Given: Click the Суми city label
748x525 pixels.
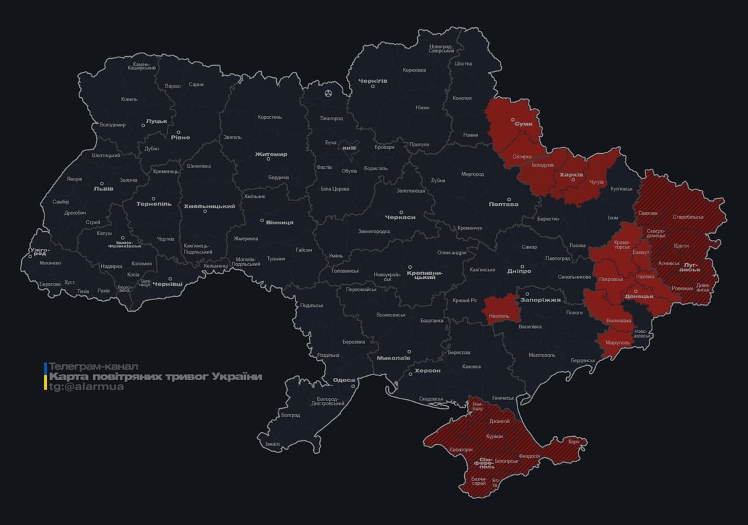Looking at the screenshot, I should [524, 124].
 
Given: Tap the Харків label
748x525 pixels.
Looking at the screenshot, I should [571, 174].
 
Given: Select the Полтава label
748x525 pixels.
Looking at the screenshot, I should [503, 204].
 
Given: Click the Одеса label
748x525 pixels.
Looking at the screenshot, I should [343, 380].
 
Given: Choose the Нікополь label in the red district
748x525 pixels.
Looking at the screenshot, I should [499, 316].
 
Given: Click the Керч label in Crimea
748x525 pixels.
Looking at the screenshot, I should [574, 442].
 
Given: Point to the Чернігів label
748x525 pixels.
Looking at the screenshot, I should [373, 81].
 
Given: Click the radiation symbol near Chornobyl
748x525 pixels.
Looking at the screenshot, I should [328, 92].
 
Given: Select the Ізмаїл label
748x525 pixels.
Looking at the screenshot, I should [272, 444].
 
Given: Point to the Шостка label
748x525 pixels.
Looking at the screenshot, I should [463, 64].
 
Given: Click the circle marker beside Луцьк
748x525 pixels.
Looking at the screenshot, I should [144, 126].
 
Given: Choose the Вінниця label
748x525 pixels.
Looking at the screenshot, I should [280, 222].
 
